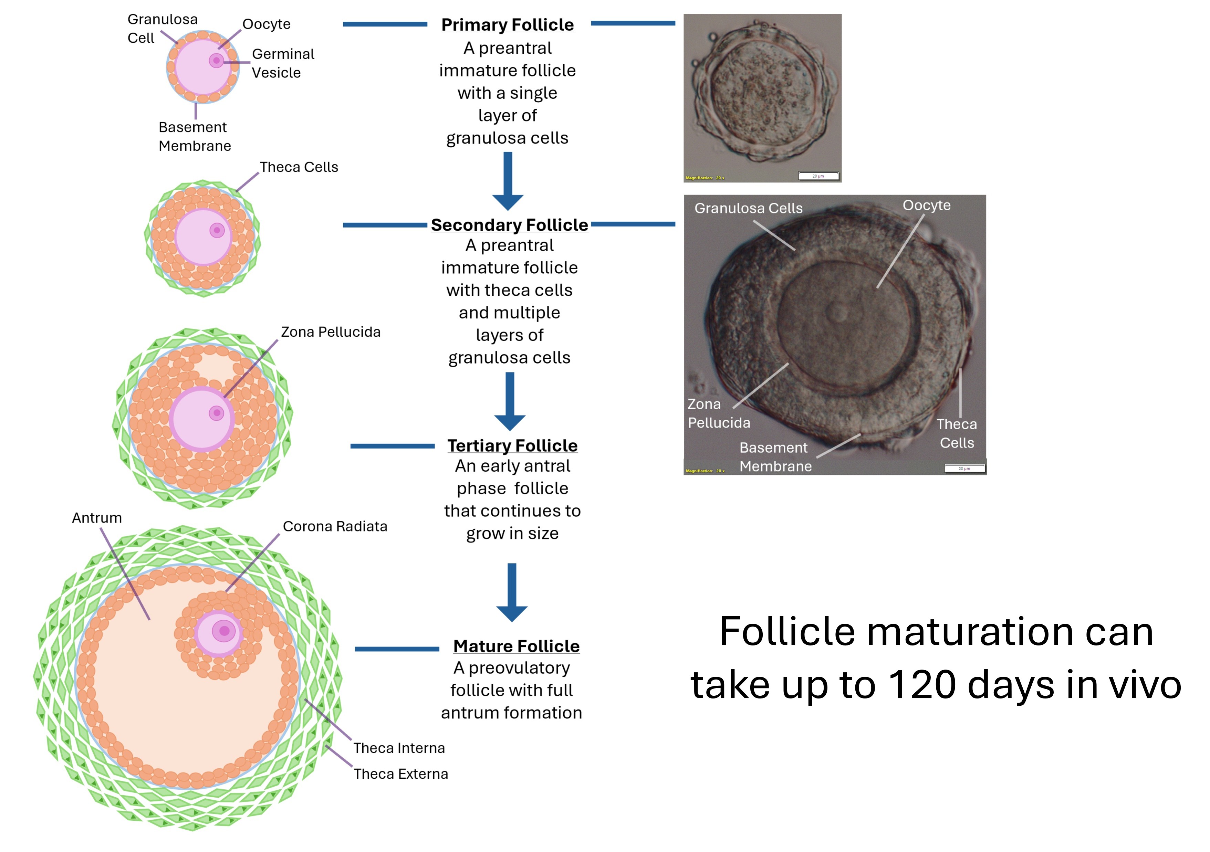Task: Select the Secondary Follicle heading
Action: pyautogui.click(x=509, y=225)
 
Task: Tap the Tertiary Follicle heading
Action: pyautogui.click(x=512, y=446)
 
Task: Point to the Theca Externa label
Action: pyautogui.click(x=400, y=774)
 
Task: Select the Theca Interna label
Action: pyautogui.click(x=399, y=748)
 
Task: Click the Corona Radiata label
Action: pyautogui.click(x=335, y=526)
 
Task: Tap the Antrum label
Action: pyautogui.click(x=97, y=518)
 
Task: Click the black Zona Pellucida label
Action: pyautogui.click(x=331, y=332)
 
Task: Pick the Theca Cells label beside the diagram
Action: pyautogui.click(x=299, y=167)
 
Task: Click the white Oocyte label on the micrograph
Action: pyautogui.click(x=927, y=206)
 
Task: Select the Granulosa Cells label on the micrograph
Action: pyautogui.click(x=748, y=208)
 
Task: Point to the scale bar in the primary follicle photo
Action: pyautogui.click(x=818, y=176)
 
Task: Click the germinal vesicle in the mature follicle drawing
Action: pyautogui.click(x=224, y=631)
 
